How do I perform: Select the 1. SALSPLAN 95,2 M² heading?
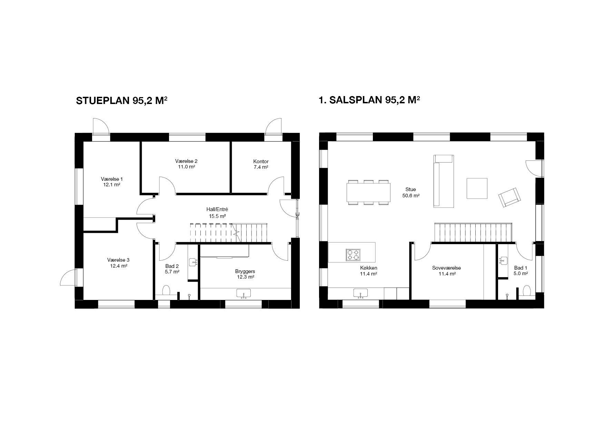click(369, 100)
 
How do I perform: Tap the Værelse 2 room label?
click(186, 161)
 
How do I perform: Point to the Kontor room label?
click(261, 162)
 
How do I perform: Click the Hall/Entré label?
click(217, 209)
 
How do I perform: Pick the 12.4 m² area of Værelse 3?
click(118, 266)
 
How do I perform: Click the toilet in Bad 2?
click(166, 291)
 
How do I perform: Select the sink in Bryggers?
click(244, 294)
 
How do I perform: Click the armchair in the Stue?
click(509, 198)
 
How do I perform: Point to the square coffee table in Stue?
click(477, 188)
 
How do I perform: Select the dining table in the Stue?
click(368, 192)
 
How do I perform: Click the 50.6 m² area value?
click(411, 196)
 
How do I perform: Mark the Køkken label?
click(368, 268)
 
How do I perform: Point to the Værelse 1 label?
click(112, 179)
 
